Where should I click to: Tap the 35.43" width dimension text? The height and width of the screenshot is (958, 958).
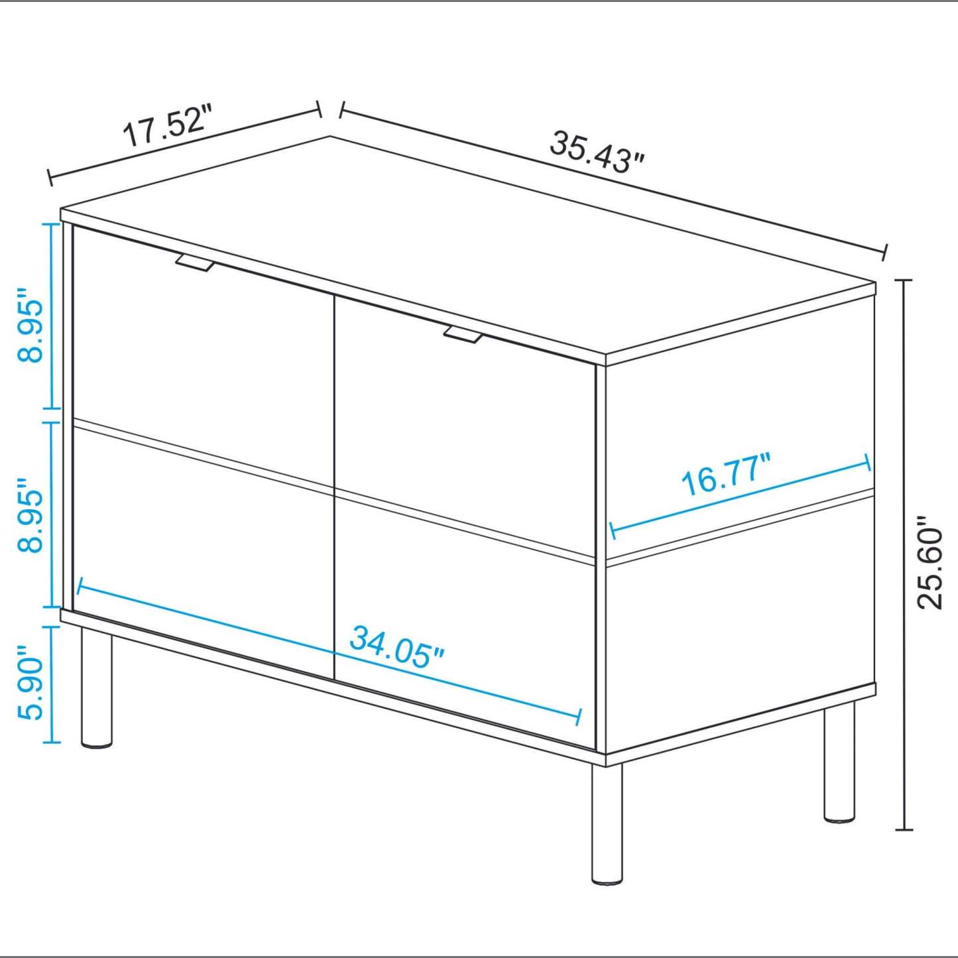pos(597,152)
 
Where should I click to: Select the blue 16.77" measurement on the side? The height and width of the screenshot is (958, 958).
pos(726,474)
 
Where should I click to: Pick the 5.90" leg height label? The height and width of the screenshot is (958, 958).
pos(30,682)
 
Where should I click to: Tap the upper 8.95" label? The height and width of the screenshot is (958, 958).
pos(30,325)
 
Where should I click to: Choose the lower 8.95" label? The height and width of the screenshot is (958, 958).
pos(30,514)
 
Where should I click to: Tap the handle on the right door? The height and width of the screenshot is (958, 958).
pos(463,335)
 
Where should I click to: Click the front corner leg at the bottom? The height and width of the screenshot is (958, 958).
pos(607,825)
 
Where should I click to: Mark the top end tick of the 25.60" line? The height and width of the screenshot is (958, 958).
pos(904,280)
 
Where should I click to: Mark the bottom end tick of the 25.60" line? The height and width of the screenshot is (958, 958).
pos(904,829)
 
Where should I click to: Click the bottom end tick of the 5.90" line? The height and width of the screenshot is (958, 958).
pos(51,742)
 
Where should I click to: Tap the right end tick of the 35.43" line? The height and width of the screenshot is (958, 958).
pos(885,253)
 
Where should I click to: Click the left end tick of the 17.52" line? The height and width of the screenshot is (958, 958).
pos(50,178)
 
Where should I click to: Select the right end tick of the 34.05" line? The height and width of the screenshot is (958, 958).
pos(580,716)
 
